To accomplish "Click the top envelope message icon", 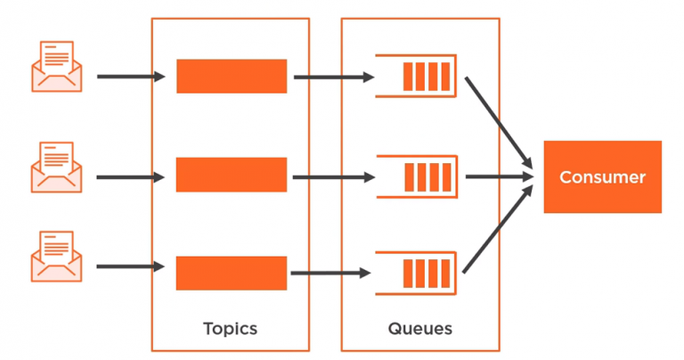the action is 57,66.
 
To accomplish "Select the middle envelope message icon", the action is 57,168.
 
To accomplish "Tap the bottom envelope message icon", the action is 57,256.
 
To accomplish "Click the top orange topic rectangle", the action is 232,77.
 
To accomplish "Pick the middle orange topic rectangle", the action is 232,175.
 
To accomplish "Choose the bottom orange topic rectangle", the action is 232,274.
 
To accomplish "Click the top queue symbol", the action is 416,76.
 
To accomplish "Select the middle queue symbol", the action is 417,176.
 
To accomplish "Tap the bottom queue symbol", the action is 416,274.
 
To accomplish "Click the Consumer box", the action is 602,176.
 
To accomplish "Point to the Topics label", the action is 231,328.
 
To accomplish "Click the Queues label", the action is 420,329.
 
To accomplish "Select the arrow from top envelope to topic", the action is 131,77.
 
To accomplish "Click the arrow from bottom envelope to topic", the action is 130,266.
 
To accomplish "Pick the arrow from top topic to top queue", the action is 334,78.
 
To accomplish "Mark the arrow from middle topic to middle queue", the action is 334,177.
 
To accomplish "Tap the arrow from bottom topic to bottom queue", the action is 330,274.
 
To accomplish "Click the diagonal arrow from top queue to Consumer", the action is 499,123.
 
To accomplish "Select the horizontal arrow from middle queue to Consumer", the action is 500,176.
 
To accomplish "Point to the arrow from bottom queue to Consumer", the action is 498,229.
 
